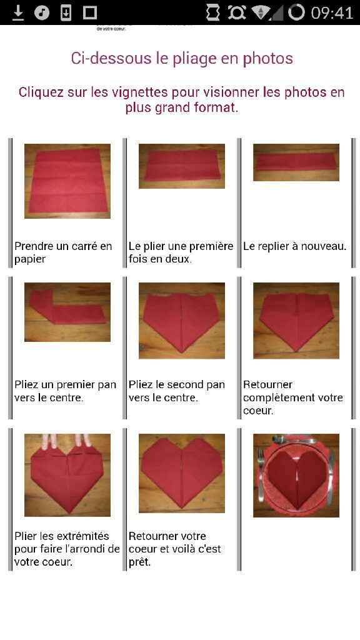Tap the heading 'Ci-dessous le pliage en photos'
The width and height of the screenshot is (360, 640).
point(182,59)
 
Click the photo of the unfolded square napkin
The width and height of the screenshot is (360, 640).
point(67,181)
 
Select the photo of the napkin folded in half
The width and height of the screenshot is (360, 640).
point(182,166)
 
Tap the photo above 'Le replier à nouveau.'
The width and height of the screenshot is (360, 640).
point(296,162)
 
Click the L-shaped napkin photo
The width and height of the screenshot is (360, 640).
point(67,312)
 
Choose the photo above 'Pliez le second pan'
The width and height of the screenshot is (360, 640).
point(182,320)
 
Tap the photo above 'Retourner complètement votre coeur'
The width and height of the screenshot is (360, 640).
point(296,320)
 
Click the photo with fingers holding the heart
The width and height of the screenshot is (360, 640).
point(67,475)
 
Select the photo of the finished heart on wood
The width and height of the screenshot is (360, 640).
point(182,473)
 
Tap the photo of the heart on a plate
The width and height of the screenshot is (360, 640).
point(296,475)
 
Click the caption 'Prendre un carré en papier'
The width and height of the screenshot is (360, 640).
point(63,252)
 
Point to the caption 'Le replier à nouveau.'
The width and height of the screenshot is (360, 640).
point(294,246)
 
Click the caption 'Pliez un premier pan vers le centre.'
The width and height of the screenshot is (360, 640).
point(65,391)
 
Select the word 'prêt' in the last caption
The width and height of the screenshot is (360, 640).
point(141,562)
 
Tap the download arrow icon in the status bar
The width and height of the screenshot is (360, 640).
point(18,12)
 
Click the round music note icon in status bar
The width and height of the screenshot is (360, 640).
point(42,12)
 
